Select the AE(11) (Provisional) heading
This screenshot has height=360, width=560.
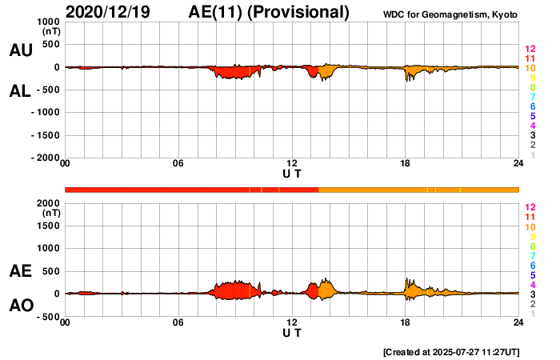270,12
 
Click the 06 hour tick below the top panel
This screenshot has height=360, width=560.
178,164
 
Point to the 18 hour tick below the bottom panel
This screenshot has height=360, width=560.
406,322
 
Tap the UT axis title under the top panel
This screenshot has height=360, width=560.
292,174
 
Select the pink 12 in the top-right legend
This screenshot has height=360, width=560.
530,50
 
